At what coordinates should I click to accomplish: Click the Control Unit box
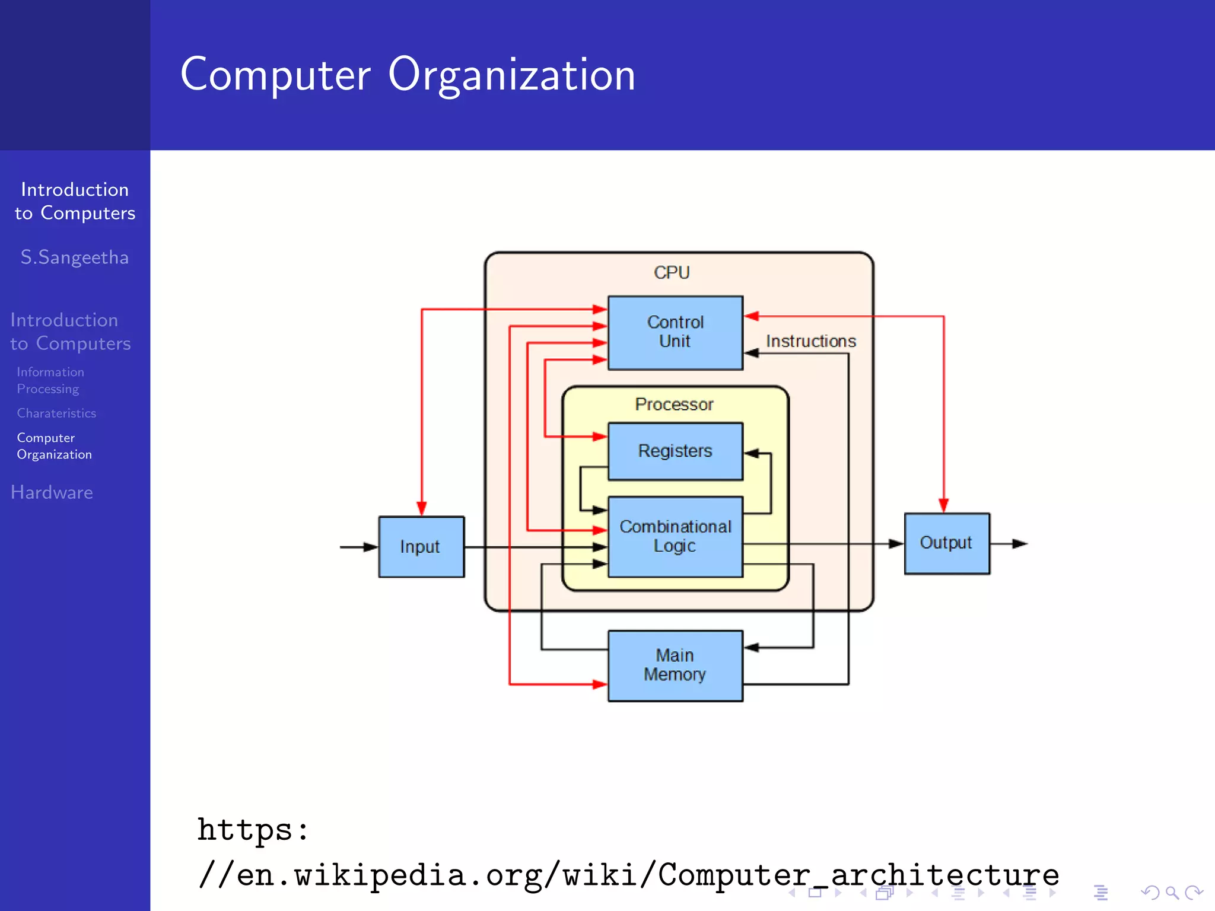click(x=675, y=333)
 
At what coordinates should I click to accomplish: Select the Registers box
click(x=675, y=451)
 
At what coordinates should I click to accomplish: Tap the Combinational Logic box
click(x=675, y=536)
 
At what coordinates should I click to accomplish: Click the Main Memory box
click(x=675, y=665)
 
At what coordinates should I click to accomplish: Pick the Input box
click(x=421, y=547)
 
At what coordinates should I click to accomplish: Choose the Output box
click(x=947, y=543)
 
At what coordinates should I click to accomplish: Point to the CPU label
click(x=672, y=272)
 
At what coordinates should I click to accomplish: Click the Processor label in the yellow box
click(x=674, y=404)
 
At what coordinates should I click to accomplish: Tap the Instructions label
click(x=810, y=342)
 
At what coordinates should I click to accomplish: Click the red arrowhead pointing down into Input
click(x=422, y=508)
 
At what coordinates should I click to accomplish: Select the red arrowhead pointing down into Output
click(x=943, y=505)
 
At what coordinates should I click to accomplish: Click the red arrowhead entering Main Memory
click(x=599, y=684)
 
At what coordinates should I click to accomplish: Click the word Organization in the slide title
click(x=511, y=75)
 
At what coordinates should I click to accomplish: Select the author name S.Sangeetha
click(x=75, y=257)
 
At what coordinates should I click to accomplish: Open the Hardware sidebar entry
click(x=52, y=492)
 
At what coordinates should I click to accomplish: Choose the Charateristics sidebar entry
click(x=56, y=413)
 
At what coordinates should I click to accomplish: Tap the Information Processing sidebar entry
click(x=50, y=380)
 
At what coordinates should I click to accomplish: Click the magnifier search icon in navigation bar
click(x=1172, y=893)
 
